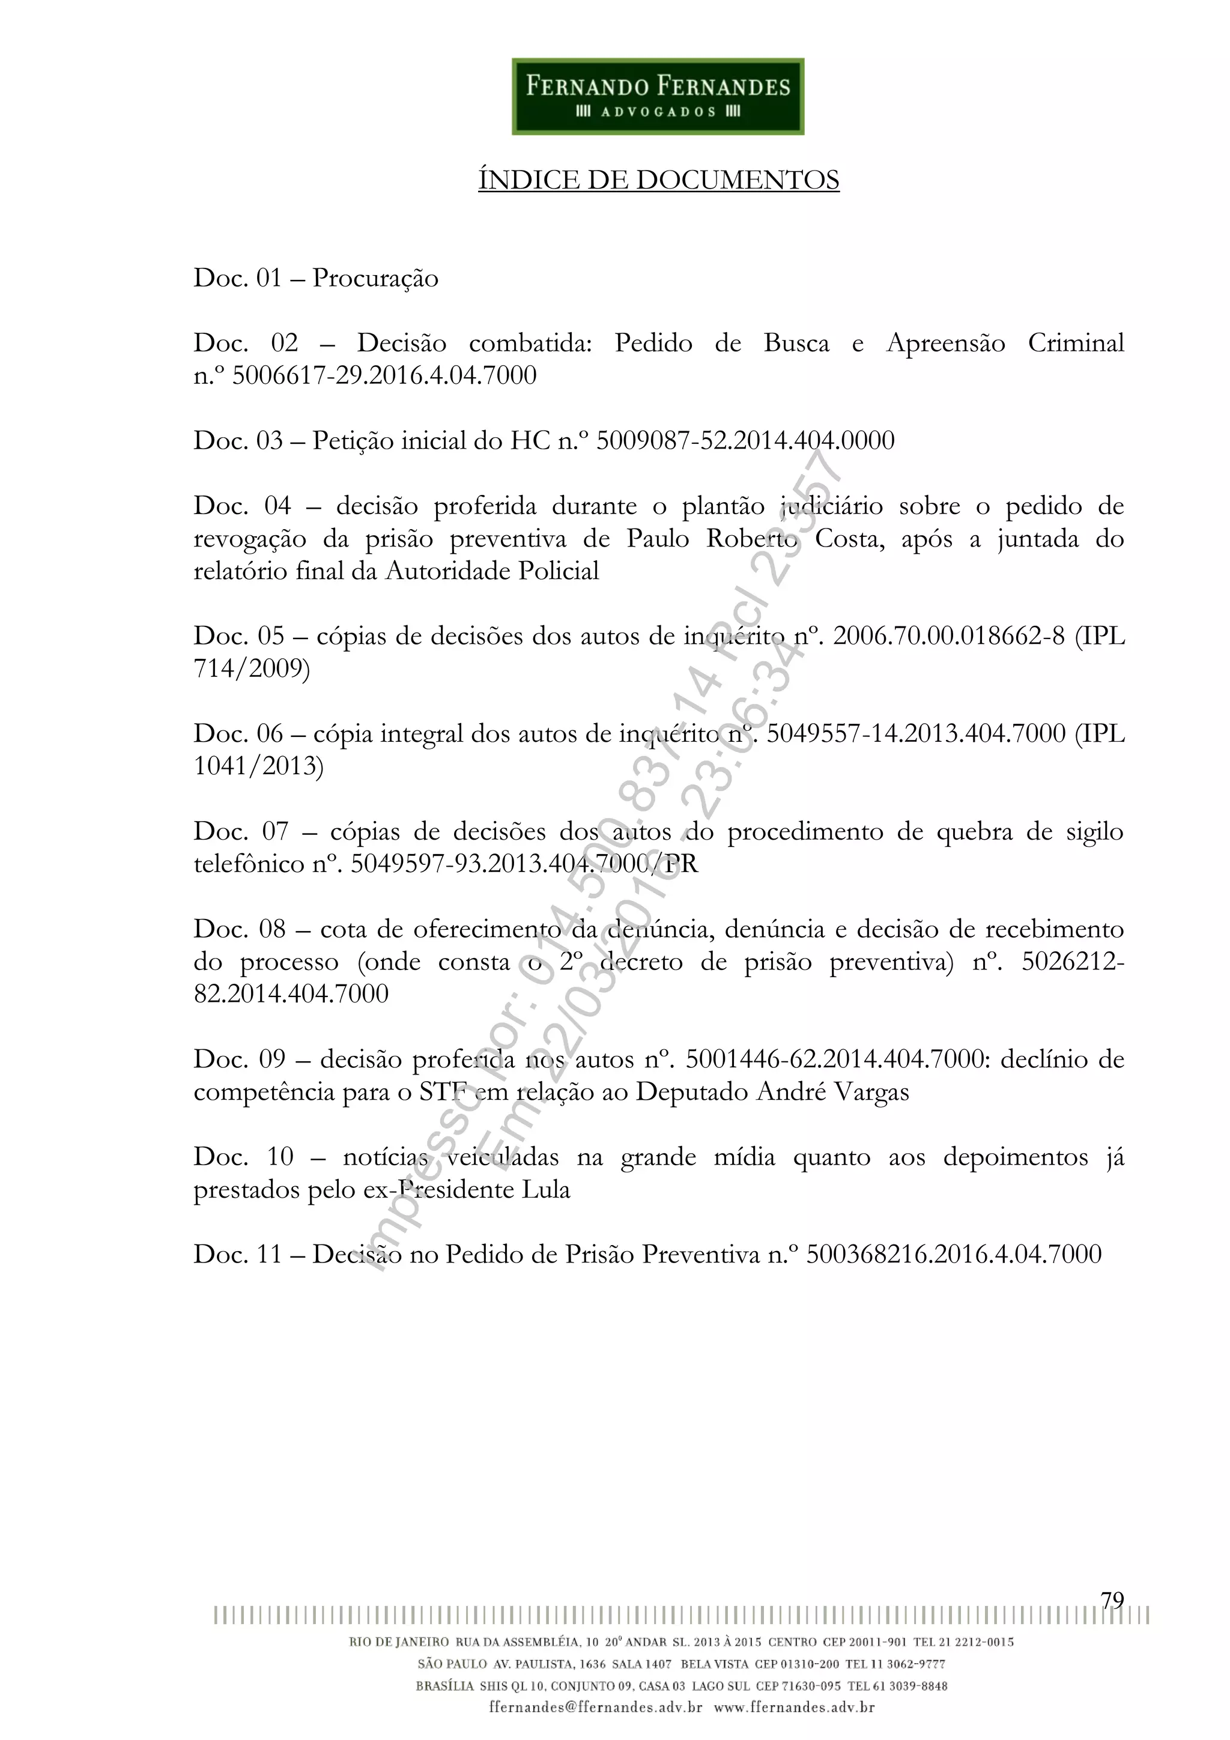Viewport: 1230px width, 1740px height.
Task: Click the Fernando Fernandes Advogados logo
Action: click(658, 97)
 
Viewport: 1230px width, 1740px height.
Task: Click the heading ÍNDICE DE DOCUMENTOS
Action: click(658, 180)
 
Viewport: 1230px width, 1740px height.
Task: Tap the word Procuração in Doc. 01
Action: click(375, 278)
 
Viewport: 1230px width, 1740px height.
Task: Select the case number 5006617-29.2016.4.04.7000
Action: click(384, 376)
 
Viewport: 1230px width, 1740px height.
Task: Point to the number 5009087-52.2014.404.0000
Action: click(745, 440)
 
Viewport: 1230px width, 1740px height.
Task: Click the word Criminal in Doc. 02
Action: click(1076, 344)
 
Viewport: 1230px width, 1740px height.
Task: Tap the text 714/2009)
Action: click(252, 668)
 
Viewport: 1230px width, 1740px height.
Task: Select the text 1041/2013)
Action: click(258, 766)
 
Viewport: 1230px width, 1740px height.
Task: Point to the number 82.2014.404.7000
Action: click(291, 993)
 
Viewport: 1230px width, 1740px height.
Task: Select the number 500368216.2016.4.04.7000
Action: click(953, 1254)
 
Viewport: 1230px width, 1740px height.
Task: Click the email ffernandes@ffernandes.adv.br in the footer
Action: click(596, 1708)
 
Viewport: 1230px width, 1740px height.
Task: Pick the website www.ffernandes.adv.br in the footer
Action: click(794, 1708)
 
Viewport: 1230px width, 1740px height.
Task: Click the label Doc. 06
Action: click(238, 733)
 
